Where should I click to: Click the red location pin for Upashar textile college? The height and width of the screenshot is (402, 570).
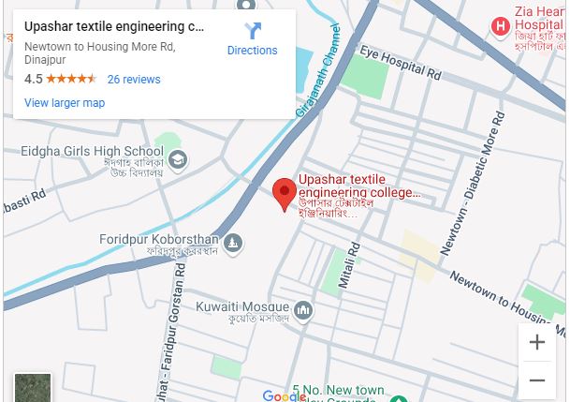pos(285,194)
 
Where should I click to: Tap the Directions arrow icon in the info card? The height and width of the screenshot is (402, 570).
pos(252,31)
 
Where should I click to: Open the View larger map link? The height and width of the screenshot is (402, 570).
pos(65,103)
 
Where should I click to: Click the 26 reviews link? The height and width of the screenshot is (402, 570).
pos(134,80)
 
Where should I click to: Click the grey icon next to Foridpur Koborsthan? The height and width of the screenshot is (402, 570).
pos(233,245)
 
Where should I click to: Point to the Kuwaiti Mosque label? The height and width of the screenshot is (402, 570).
pos(242,306)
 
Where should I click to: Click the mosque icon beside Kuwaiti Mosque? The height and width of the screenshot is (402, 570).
pos(302,310)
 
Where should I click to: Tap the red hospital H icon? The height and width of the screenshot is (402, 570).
pos(501,26)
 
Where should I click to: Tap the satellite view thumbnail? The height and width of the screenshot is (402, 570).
pos(33,387)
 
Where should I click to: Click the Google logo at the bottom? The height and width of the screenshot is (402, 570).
pos(284,396)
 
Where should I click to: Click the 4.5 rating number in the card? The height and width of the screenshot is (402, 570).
pos(34,80)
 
